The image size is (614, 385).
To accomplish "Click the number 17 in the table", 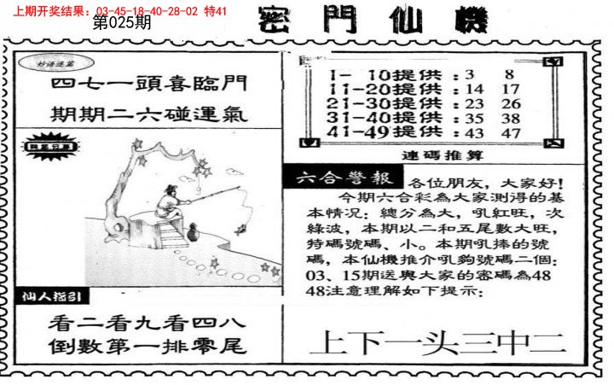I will point(512,87).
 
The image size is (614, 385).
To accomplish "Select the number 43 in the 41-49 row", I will point(475,132).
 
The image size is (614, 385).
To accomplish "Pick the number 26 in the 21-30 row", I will point(512,103).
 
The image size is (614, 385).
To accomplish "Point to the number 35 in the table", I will point(475,118).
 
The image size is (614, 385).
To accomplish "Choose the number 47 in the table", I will point(512,132).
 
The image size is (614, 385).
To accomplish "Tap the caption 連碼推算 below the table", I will point(434,156).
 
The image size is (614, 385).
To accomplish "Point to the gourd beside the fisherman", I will point(193,230).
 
